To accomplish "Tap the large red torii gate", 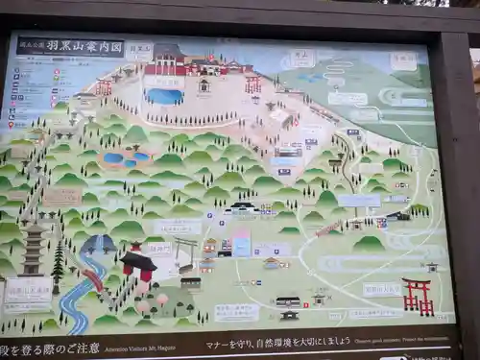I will click(x=417, y=296).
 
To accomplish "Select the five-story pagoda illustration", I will click(x=33, y=249).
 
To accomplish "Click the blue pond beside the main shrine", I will click(x=165, y=96).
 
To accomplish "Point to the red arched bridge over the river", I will click(x=93, y=279).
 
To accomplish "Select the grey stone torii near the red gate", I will click(x=185, y=252).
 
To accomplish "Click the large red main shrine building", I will click(x=182, y=62).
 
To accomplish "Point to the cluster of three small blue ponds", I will click(x=126, y=157).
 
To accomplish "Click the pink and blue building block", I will click(x=241, y=243).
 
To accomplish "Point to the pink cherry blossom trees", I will click(x=149, y=302).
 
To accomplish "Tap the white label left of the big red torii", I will click(x=381, y=289).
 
